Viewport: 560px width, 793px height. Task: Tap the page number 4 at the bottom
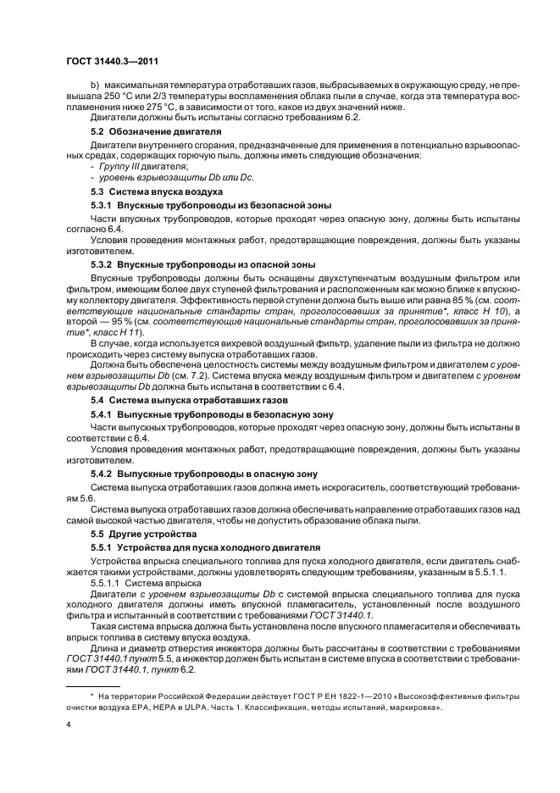pyautogui.click(x=68, y=725)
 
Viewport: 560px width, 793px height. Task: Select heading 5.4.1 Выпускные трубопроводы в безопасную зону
pyautogui.click(x=212, y=413)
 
